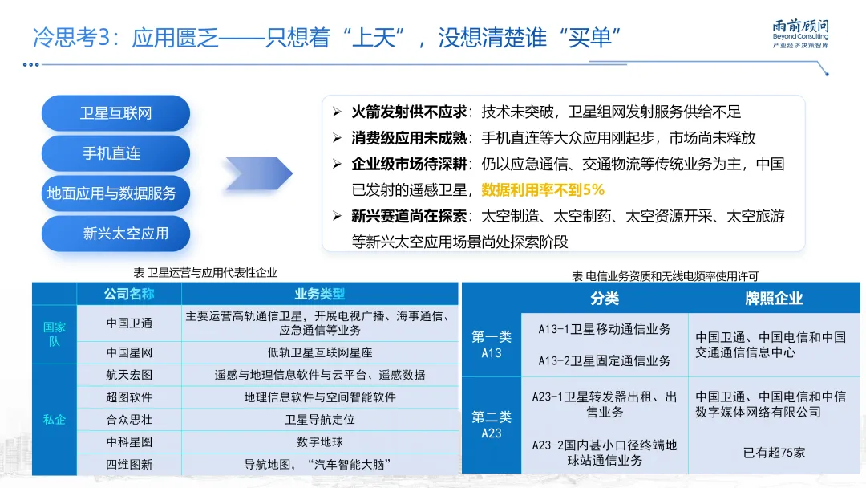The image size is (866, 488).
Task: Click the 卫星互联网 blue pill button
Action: [x=115, y=113]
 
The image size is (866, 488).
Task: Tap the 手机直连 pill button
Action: [x=115, y=152]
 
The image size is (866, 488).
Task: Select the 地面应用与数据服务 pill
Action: [x=112, y=193]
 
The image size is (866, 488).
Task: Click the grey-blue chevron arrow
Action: [x=258, y=173]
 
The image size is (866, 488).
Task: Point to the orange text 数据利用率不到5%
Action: [x=543, y=190]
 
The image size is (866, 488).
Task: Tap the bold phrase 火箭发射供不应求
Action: [x=410, y=112]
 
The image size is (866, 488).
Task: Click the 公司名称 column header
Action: [x=128, y=294]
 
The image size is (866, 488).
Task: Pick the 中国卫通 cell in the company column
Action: [x=129, y=323]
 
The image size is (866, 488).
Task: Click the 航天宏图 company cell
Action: [x=129, y=375]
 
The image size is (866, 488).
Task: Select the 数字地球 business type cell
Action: [x=320, y=441]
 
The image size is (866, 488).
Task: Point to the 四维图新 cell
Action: [x=129, y=464]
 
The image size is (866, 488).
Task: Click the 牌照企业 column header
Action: [x=773, y=299]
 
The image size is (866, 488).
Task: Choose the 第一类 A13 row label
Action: [x=492, y=345]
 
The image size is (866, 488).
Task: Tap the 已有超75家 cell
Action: [x=774, y=453]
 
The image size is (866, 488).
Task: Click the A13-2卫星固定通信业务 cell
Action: [x=605, y=361]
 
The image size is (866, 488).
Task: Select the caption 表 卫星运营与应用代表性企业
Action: [x=205, y=273]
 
